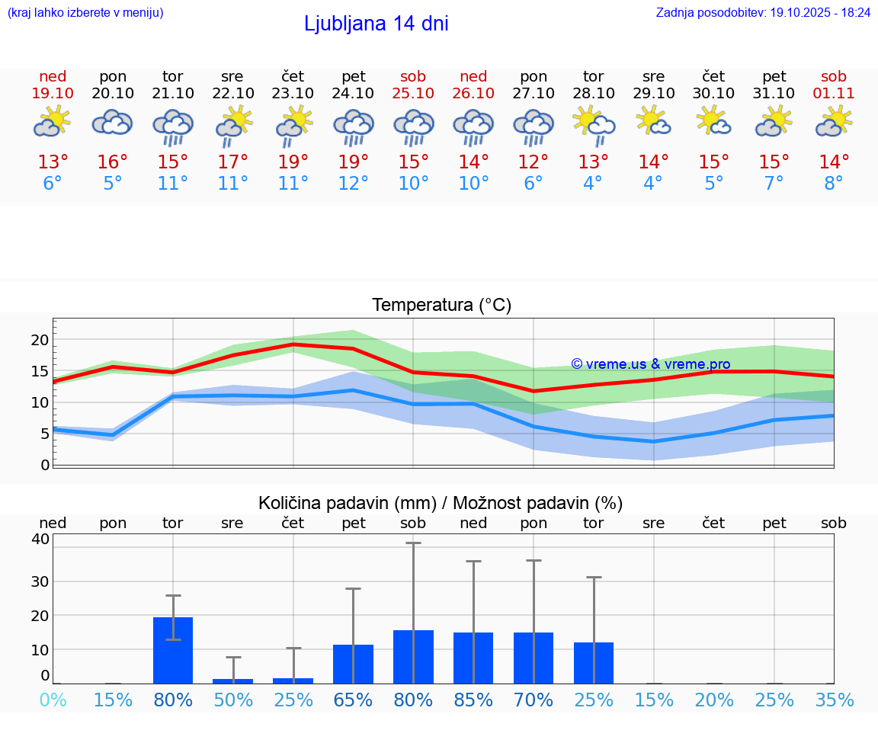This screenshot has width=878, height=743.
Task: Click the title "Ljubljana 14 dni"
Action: pyautogui.click(x=376, y=24)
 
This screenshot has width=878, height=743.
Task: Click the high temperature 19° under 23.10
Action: pyautogui.click(x=293, y=162)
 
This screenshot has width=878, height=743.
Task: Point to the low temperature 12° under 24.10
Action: pyautogui.click(x=353, y=184)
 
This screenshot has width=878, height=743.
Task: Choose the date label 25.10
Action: pyautogui.click(x=413, y=94)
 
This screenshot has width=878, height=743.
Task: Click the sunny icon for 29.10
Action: pyautogui.click(x=653, y=121)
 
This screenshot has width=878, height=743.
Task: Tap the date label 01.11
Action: pyautogui.click(x=834, y=94)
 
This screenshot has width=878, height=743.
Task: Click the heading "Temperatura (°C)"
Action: pyautogui.click(x=441, y=306)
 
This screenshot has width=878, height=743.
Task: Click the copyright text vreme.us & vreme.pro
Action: pyautogui.click(x=650, y=364)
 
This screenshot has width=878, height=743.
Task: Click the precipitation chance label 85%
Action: pyautogui.click(x=473, y=700)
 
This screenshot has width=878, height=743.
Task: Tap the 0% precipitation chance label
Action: pyautogui.click(x=53, y=700)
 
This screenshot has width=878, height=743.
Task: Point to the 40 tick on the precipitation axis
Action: pyautogui.click(x=40, y=539)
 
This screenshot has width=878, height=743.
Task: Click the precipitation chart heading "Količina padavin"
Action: pyautogui.click(x=347, y=503)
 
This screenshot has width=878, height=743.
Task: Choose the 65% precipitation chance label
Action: pyautogui.click(x=353, y=700)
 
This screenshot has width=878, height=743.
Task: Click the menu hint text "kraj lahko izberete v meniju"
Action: pyautogui.click(x=85, y=13)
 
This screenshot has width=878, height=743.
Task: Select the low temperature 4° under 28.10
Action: pyautogui.click(x=593, y=184)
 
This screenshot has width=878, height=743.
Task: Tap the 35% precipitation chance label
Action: pyautogui.click(x=834, y=700)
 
